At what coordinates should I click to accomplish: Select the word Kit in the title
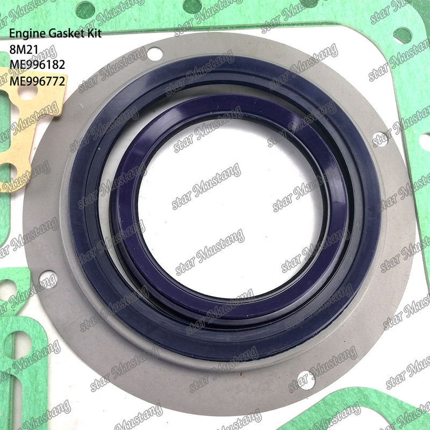click(x=94, y=33)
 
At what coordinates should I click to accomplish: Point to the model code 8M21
click(x=24, y=49)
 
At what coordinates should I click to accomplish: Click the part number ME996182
click(x=37, y=64)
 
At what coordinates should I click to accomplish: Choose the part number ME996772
click(x=37, y=81)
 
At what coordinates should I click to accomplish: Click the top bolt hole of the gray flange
click(x=155, y=54)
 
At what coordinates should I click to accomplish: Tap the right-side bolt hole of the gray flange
click(x=381, y=140)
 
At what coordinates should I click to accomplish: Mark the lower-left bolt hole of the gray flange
click(x=48, y=279)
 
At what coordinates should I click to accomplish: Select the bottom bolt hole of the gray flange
click(x=306, y=381)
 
